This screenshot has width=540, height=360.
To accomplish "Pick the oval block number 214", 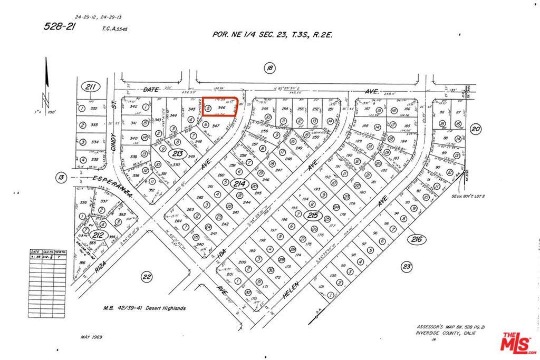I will pos(240,184).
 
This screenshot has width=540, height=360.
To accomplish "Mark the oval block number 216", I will pos(417,240).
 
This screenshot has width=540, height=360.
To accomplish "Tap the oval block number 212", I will pos(98,235).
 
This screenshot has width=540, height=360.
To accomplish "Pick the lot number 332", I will pos(94,109).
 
